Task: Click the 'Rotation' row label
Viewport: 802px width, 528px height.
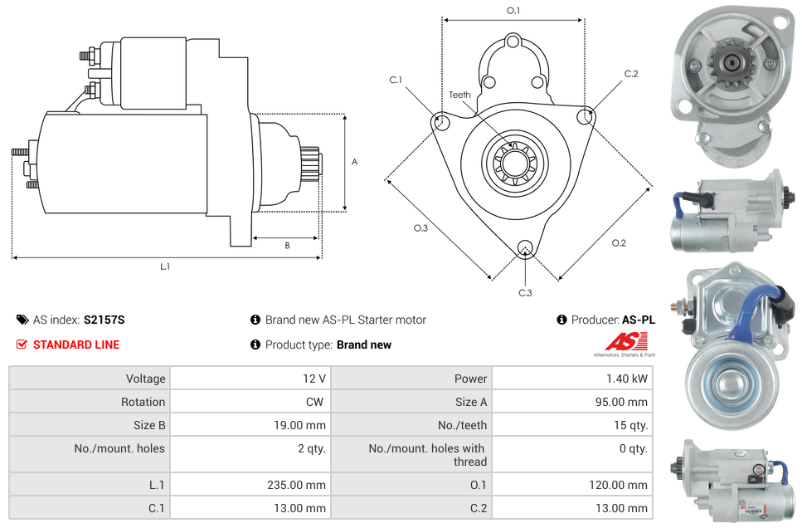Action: [x=143, y=402]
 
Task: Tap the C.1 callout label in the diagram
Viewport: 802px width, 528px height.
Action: [x=396, y=80]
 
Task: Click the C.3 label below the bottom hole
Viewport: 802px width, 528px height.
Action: [x=525, y=293]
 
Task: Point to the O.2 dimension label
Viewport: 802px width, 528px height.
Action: [x=619, y=242]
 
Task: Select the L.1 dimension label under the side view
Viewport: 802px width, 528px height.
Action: [x=165, y=266]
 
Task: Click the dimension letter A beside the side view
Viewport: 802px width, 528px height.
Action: [x=355, y=162]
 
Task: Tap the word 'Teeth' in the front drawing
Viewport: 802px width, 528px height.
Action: [x=459, y=95]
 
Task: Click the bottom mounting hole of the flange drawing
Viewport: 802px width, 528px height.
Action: [x=524, y=248]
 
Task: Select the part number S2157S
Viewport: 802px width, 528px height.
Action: [x=104, y=320]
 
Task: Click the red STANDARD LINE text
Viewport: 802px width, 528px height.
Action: [x=76, y=345]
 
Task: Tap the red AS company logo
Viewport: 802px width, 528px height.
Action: [x=621, y=341]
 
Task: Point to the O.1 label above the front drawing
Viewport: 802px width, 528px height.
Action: [x=513, y=11]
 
